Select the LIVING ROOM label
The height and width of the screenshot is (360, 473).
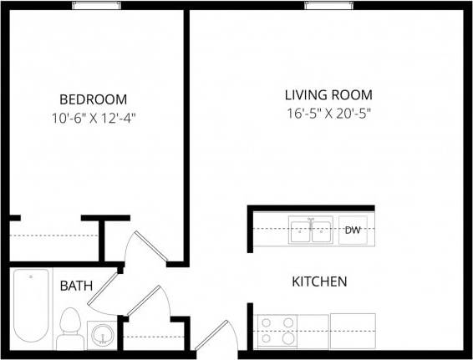[328, 94]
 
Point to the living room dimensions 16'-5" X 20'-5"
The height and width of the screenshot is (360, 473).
[328, 114]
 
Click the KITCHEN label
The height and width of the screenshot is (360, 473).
[318, 281]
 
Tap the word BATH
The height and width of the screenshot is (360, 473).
[75, 286]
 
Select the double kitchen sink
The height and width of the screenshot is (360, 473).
[311, 230]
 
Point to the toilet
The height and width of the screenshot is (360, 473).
[69, 329]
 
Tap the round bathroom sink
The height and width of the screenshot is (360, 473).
[103, 334]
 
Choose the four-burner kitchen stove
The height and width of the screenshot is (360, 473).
[277, 331]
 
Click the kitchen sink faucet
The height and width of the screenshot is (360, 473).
[311, 221]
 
